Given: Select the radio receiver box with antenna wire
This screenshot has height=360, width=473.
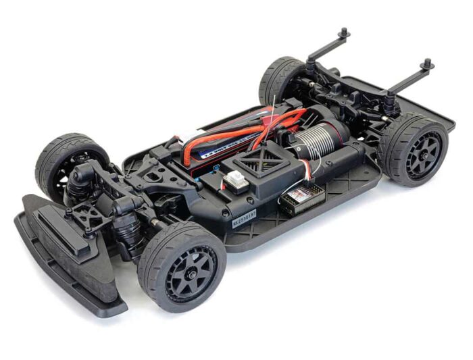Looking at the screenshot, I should coord(301,198).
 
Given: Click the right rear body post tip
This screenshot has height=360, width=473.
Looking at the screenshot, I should coord(427,63).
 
